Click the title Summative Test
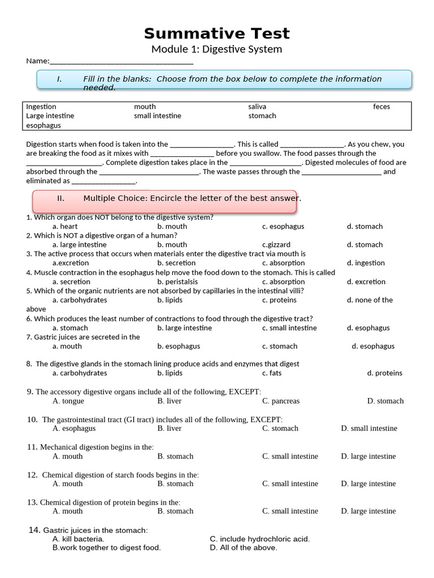[216, 33]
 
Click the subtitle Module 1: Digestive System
[216, 50]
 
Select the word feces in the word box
[381, 107]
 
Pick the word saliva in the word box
[257, 107]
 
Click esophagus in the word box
[44, 125]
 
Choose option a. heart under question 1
[65, 226]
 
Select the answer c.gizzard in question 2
[276, 244]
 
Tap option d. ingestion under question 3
[366, 263]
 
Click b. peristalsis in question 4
[177, 282]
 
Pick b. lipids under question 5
[170, 300]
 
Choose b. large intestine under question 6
[184, 328]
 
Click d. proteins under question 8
[385, 373]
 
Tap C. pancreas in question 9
[281, 401]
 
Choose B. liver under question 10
[170, 428]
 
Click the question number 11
[32, 447]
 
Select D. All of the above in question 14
[244, 548]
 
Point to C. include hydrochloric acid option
[260, 539]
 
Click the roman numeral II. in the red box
[61, 198]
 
